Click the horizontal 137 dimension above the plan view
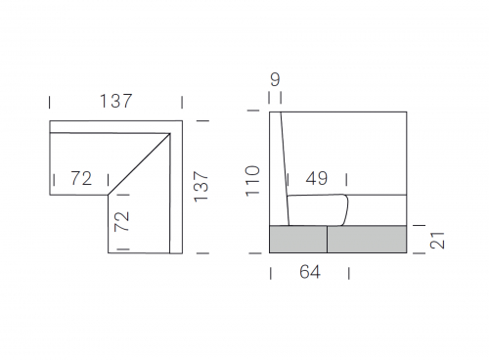(x=115, y=101)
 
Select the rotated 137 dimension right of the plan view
(x=200, y=187)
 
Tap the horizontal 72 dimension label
(x=81, y=178)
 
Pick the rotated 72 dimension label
(x=121, y=221)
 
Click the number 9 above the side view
(x=275, y=79)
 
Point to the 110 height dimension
(x=252, y=181)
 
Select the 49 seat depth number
(x=317, y=178)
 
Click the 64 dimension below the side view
(x=310, y=272)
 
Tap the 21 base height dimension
(x=437, y=241)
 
